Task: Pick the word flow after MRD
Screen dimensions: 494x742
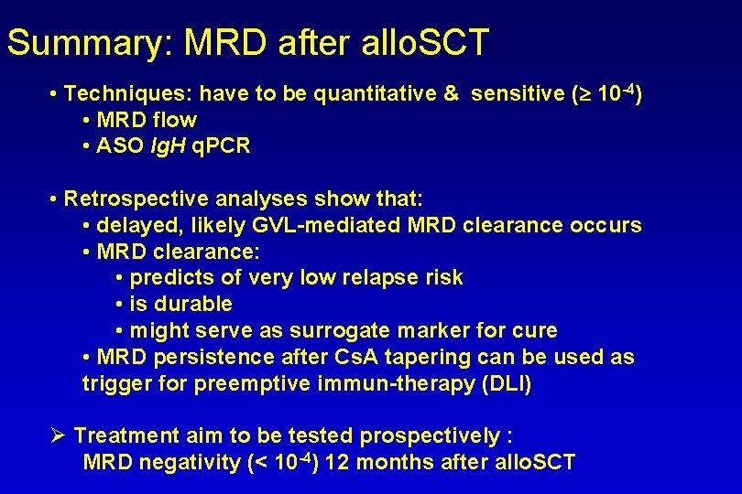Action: pos(175,120)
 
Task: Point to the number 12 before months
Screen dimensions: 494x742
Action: pos(337,463)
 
